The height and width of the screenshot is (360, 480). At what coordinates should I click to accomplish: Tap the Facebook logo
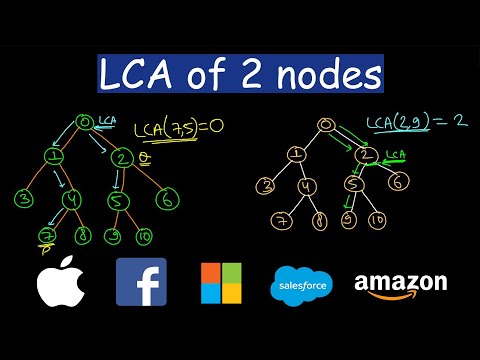[141, 281]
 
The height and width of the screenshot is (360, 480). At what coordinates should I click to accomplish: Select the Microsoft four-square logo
[222, 282]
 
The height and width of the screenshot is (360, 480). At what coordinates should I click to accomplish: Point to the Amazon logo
[400, 284]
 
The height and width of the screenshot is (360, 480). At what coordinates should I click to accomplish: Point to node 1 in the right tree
[295, 154]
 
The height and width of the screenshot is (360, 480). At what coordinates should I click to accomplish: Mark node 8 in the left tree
[83, 237]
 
